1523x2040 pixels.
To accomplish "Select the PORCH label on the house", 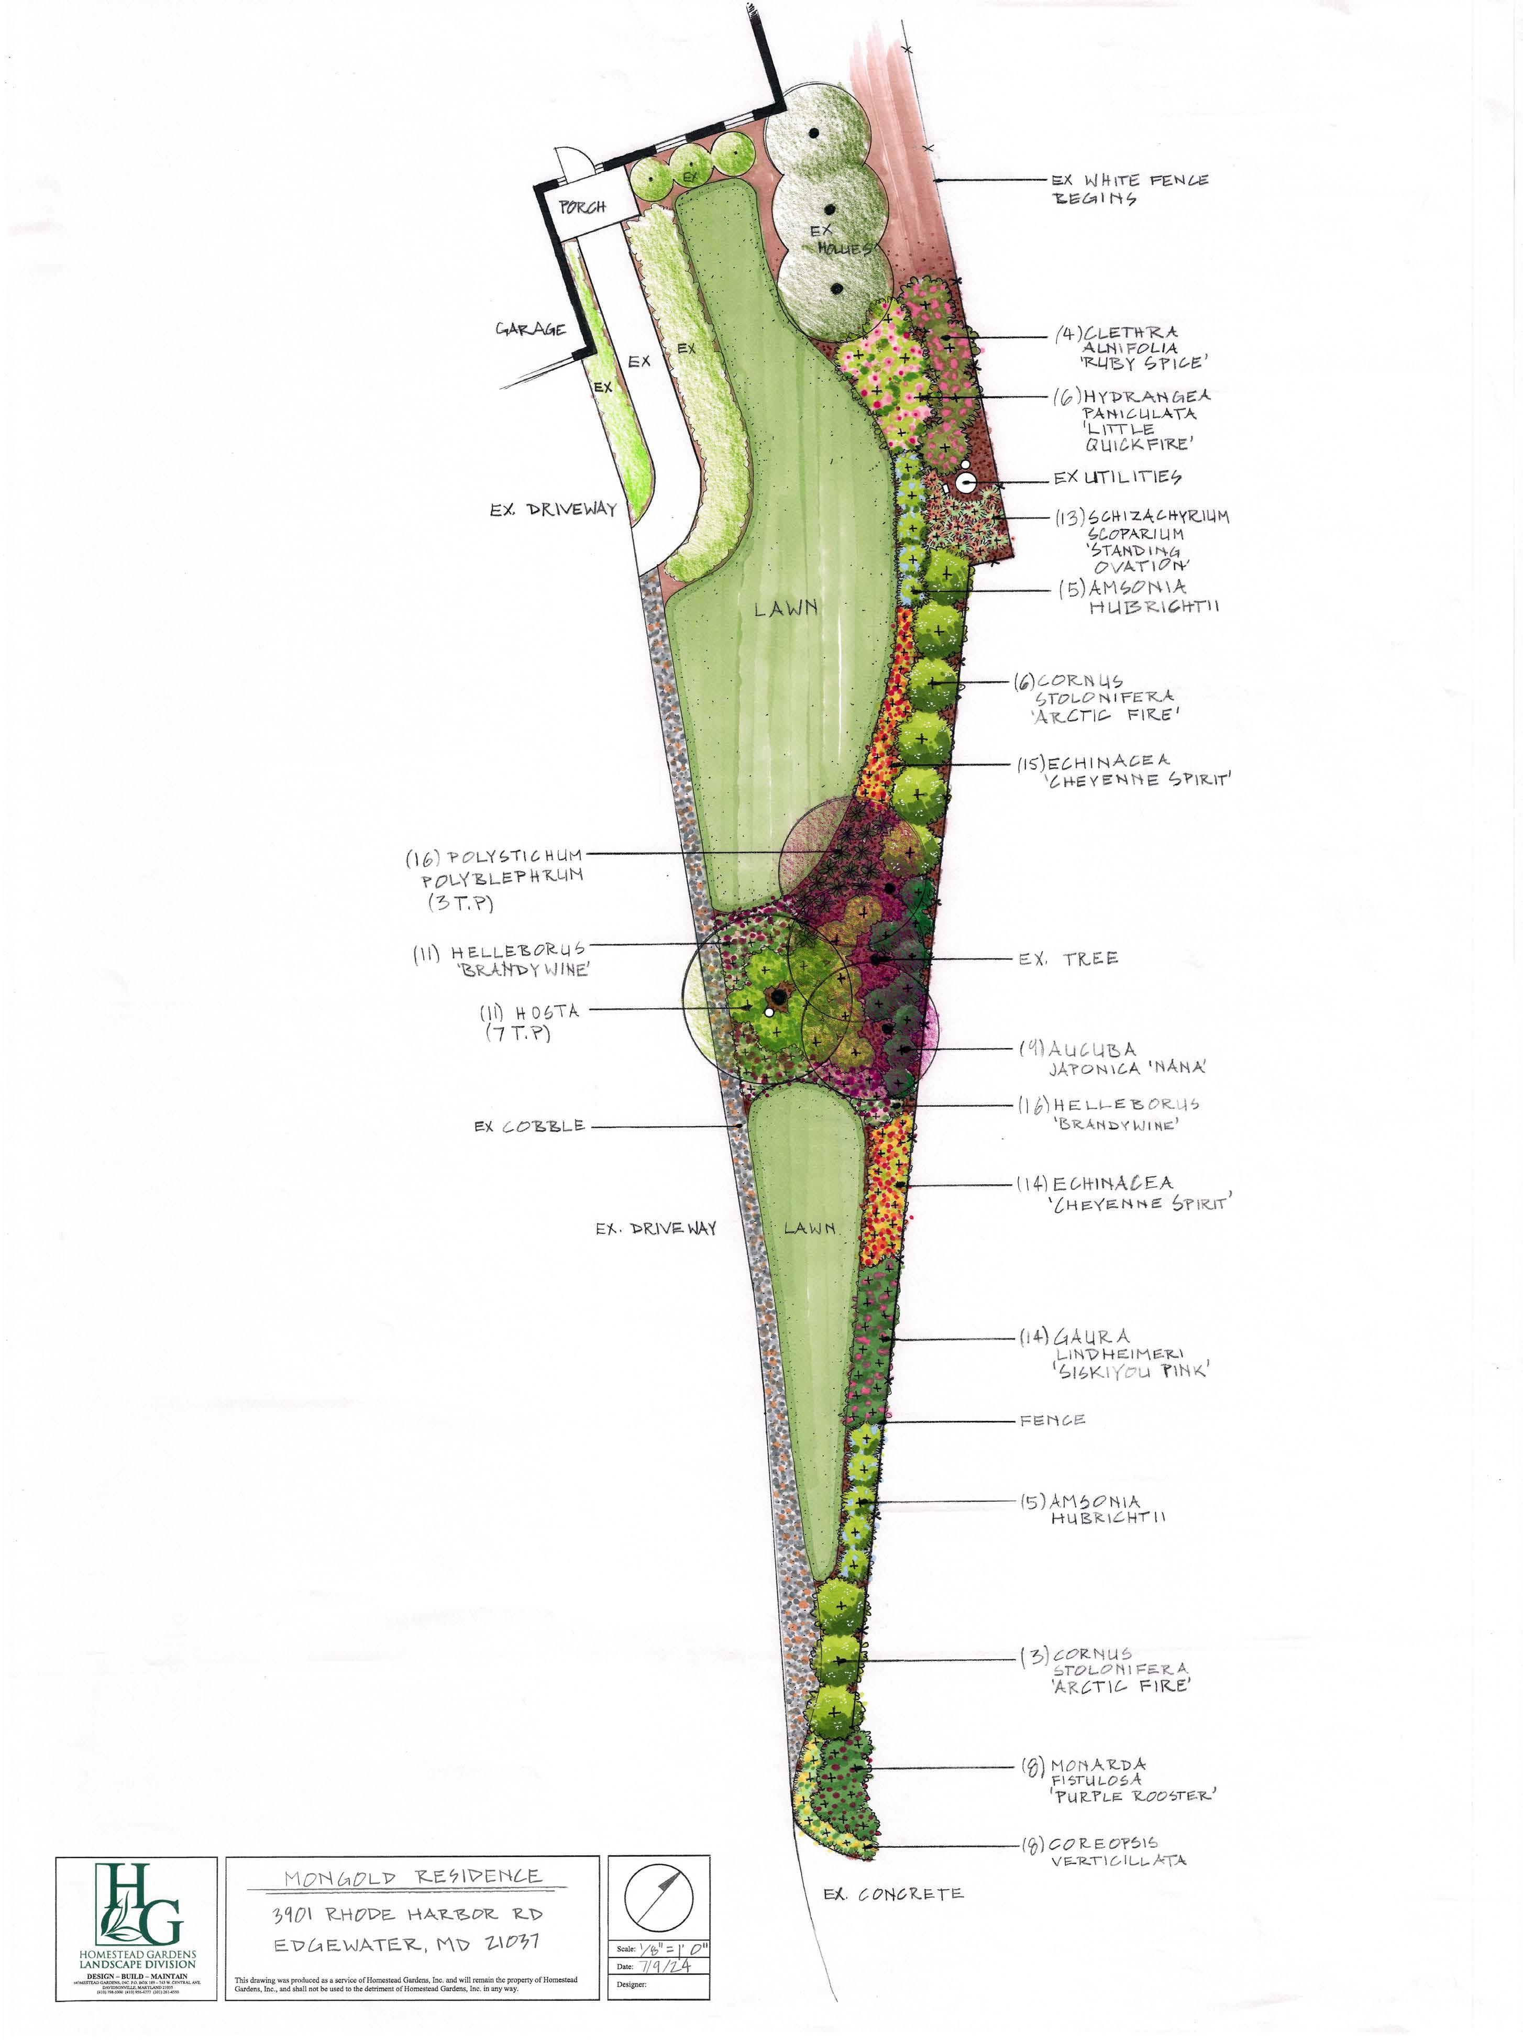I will pos(583,206).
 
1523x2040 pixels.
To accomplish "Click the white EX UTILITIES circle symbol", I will pos(965,480).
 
